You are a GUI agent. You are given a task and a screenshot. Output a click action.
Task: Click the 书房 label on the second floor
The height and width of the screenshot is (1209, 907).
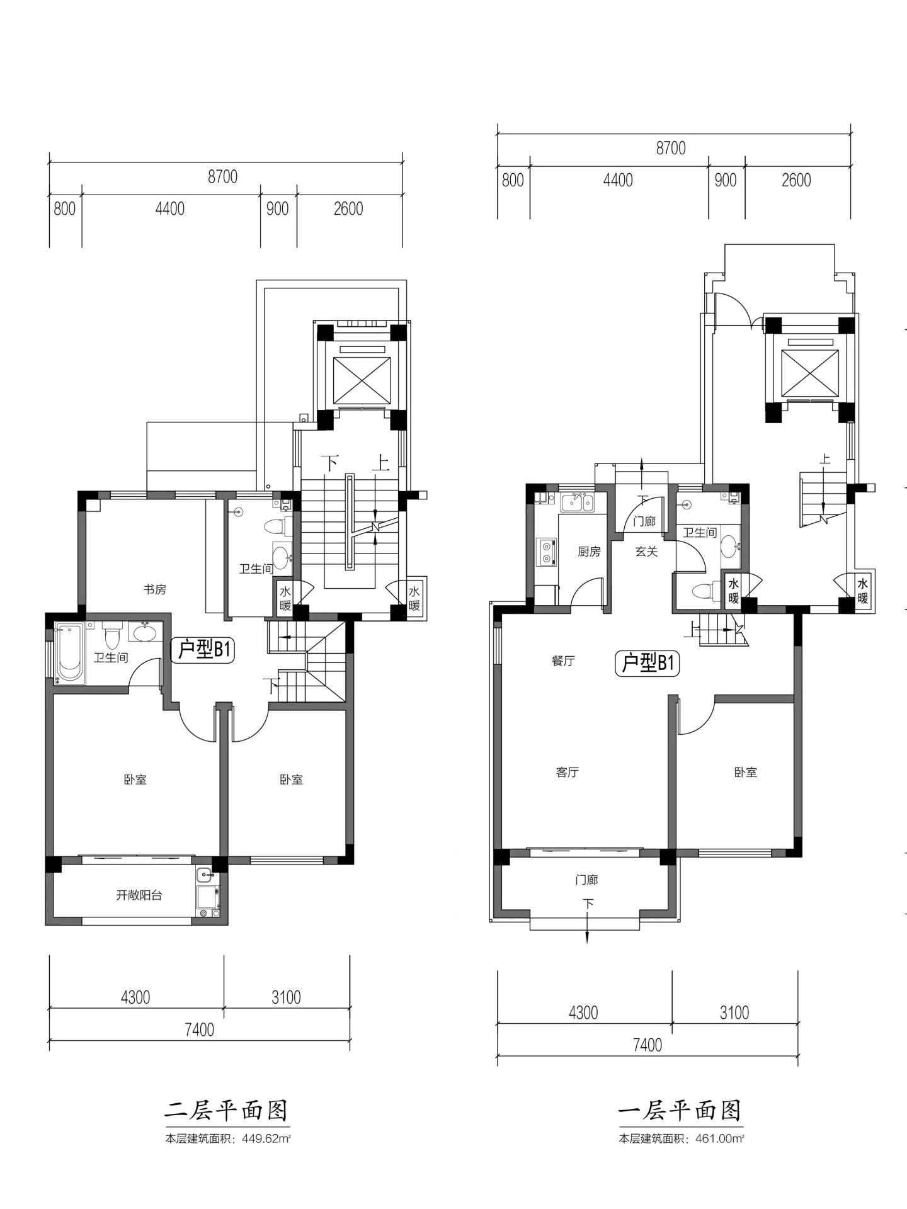coord(155,589)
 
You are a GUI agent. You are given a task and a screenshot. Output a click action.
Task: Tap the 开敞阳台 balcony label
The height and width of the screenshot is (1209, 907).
coord(139,895)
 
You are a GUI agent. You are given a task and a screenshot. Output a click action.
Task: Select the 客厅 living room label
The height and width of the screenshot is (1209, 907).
coord(568,772)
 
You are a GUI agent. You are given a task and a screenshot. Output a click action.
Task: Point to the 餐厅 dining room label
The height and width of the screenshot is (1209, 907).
coord(563,661)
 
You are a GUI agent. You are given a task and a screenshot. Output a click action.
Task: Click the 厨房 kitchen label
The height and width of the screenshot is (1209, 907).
coord(589,552)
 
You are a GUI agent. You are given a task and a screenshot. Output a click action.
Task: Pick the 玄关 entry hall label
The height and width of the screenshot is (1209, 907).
coord(646,552)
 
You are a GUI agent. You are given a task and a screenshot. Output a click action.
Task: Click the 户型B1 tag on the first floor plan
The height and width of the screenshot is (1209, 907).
coord(647,663)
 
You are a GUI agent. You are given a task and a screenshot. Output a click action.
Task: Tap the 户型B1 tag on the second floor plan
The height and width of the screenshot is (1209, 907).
coord(203,649)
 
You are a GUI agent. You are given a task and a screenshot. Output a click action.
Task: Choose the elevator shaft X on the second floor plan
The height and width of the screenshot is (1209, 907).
coord(362,380)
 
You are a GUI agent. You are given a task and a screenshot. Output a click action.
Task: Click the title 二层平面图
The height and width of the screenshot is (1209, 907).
coord(227,1110)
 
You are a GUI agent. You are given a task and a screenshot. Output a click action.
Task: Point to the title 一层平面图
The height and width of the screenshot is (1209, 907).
coord(680,1110)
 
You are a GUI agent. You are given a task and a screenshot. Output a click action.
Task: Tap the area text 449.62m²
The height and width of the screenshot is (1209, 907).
coord(266,1138)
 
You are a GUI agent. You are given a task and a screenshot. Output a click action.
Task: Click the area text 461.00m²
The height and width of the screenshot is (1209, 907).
coord(720,1138)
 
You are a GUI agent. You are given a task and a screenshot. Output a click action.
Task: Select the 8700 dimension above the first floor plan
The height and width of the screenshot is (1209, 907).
coord(671,148)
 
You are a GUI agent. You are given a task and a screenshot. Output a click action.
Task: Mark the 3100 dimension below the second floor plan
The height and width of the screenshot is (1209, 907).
coord(286,997)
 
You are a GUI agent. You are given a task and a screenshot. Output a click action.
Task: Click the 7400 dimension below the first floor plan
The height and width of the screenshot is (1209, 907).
coord(647,1045)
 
